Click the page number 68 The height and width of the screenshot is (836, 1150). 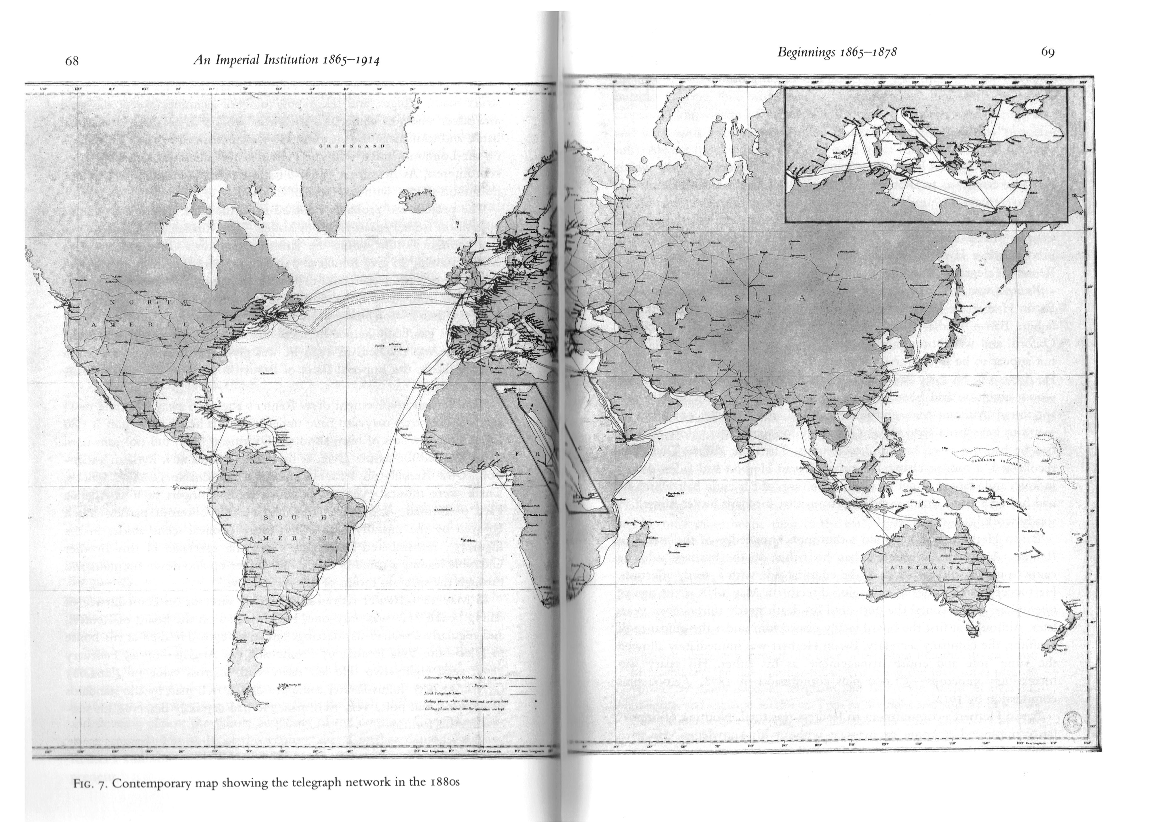coord(72,61)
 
